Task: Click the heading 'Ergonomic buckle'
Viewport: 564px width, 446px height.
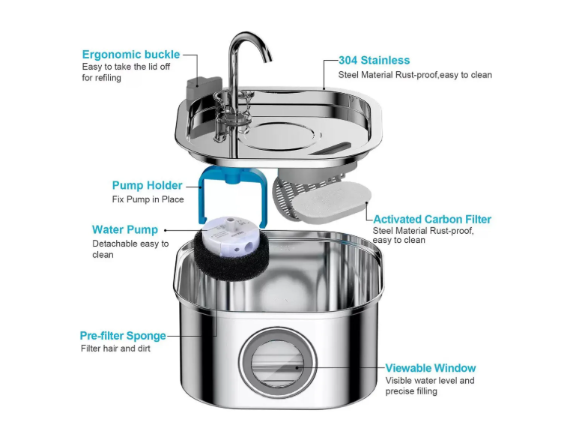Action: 131,55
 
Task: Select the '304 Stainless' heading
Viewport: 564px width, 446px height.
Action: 374,60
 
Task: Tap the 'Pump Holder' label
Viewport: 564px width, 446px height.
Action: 147,185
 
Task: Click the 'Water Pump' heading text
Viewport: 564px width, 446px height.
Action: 124,229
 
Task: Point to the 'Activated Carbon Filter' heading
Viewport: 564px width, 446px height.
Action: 432,219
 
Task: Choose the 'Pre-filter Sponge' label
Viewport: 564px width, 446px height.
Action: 123,335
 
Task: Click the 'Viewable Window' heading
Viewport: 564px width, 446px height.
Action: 431,367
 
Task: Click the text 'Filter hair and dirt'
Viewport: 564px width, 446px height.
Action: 116,349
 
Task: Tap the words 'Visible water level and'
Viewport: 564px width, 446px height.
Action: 430,381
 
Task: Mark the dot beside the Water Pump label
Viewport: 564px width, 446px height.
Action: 165,230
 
